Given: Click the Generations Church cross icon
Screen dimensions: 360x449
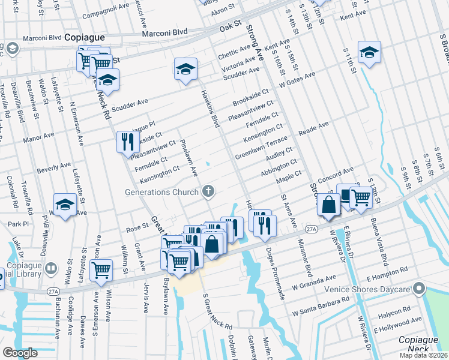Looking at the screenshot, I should [208, 192].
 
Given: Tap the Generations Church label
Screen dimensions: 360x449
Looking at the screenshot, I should [161, 193].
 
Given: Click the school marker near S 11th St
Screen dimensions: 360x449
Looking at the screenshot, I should [369, 52].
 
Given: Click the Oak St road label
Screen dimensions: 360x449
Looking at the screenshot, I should [230, 27].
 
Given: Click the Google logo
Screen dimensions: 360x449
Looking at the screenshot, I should [20, 353].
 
